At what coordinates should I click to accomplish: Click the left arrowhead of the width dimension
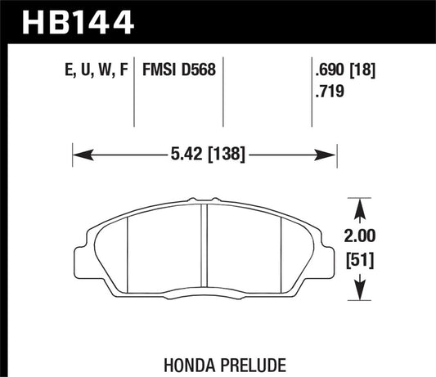coord(79,153)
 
